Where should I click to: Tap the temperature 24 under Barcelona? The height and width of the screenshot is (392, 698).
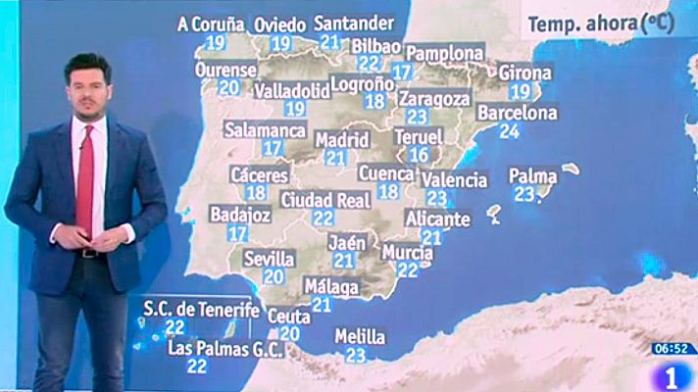coord(509,131)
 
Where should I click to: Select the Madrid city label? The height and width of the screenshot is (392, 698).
coord(341,139)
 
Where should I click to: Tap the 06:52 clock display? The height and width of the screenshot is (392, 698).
coord(674,348)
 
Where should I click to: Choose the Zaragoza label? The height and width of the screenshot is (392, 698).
coord(435,98)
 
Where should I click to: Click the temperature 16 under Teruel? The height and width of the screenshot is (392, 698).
coord(420,155)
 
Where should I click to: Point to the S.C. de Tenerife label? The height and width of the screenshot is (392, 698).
coord(202,310)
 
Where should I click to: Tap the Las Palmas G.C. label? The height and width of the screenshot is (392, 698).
coord(225,348)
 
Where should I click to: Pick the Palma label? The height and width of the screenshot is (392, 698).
coord(532,176)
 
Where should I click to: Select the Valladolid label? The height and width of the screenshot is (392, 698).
coord(291,90)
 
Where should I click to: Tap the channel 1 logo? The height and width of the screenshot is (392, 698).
coord(674,374)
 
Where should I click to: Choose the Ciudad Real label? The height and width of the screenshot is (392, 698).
coord(324,200)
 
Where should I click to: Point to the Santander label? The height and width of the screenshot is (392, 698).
coord(355,23)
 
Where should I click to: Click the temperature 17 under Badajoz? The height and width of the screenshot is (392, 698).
coord(237,233)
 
